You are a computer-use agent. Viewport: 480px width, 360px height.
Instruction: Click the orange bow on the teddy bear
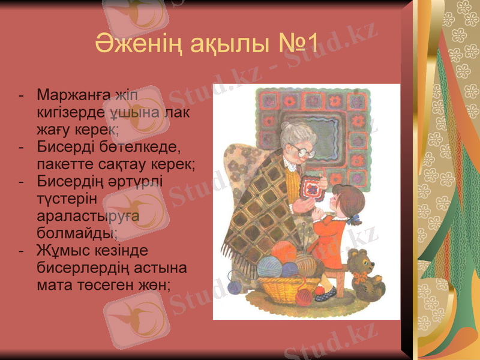(360, 277)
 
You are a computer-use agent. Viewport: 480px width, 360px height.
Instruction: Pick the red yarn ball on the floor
(307, 294)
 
